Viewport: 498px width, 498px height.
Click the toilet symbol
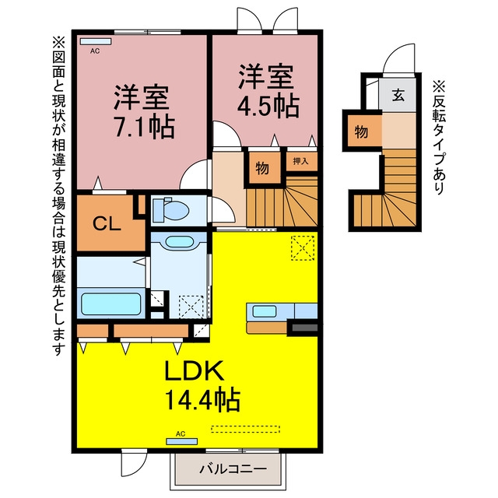click(170, 209)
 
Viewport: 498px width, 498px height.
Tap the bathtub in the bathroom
click(111, 303)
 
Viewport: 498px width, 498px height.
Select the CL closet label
click(107, 223)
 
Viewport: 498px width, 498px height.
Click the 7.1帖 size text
click(145, 128)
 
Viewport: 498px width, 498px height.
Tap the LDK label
click(194, 370)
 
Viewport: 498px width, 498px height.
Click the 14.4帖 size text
click(202, 400)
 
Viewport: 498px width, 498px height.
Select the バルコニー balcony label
click(233, 468)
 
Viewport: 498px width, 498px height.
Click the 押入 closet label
click(300, 161)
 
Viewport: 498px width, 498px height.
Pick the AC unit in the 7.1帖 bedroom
click(96, 41)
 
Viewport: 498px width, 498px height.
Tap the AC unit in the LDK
click(182, 441)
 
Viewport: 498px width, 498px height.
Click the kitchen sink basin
click(265, 311)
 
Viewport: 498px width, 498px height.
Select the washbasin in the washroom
click(180, 242)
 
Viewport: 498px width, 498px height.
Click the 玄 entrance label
click(398, 95)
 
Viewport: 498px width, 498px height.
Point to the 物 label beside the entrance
click(361, 132)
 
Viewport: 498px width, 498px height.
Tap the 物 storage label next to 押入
click(262, 168)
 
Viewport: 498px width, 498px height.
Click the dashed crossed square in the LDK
click(303, 248)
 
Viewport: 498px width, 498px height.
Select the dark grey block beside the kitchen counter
click(305, 328)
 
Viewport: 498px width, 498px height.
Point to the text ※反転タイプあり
click(439, 138)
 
